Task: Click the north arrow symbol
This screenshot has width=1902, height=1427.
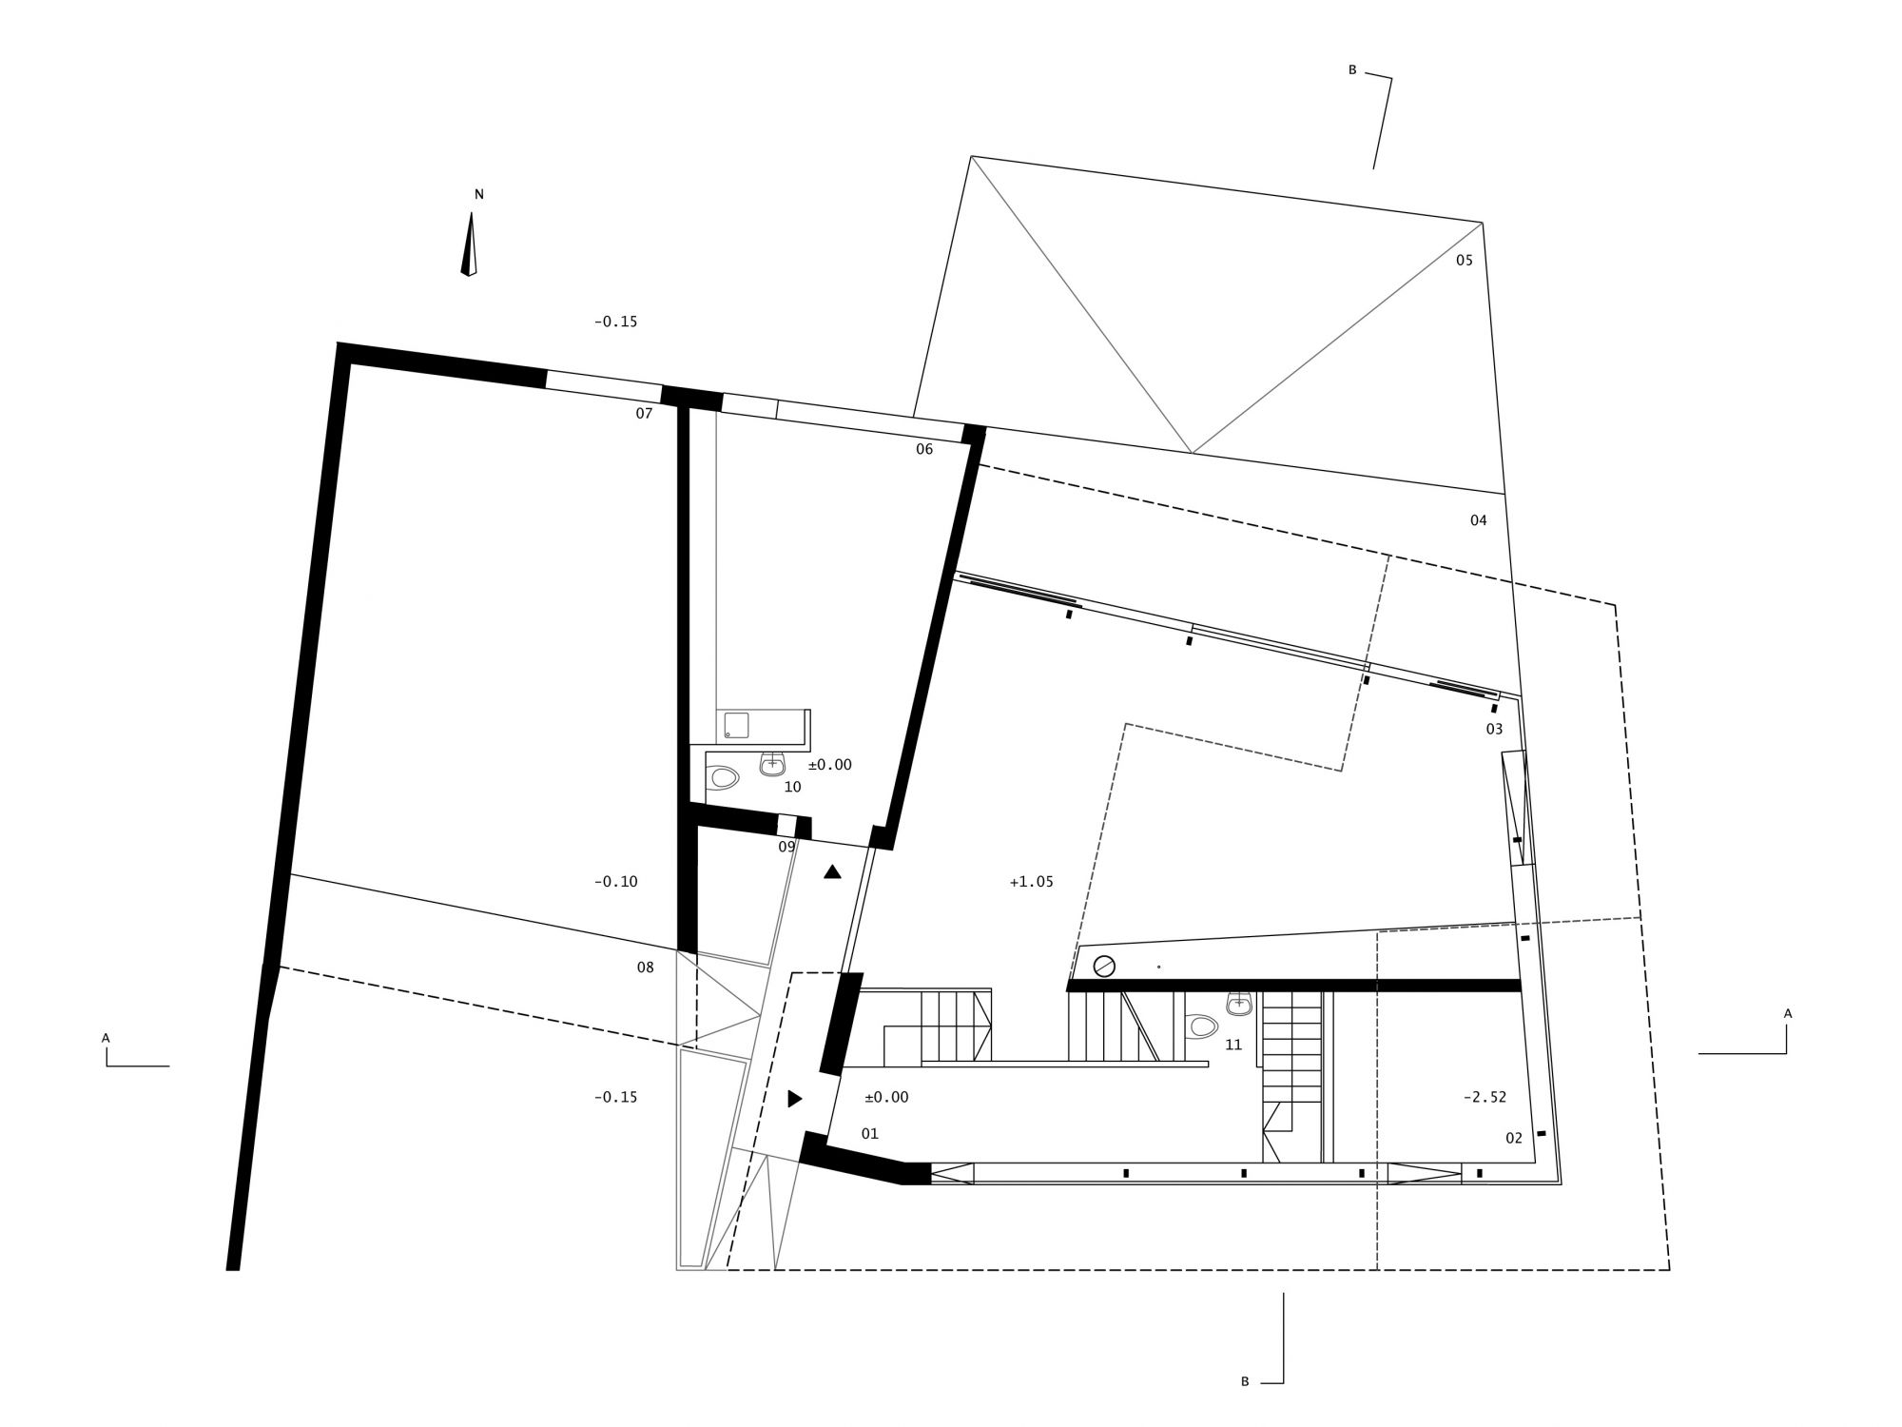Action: [x=469, y=244]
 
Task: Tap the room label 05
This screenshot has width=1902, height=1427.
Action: [x=1464, y=260]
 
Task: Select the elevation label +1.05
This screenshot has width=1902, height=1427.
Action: [x=1031, y=882]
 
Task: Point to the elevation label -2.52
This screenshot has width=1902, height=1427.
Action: [x=1485, y=1097]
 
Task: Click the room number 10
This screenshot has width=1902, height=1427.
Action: [x=792, y=787]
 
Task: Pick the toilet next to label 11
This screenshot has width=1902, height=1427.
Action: [x=1202, y=1026]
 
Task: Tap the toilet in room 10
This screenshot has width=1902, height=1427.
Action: [x=724, y=778]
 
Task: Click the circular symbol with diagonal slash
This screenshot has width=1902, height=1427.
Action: [x=1104, y=966]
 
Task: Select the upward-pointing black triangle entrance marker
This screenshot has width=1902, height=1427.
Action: [x=832, y=871]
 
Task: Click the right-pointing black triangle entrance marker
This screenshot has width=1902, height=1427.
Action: [x=795, y=1099]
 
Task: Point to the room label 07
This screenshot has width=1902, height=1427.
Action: [x=644, y=414]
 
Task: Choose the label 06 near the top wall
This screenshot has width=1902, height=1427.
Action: [x=924, y=449]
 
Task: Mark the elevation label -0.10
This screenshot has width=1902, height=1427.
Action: [x=615, y=882]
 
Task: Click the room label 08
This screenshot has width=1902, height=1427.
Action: [x=646, y=968]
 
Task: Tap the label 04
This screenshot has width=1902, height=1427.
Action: [x=1478, y=520]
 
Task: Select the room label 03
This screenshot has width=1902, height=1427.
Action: [x=1494, y=730]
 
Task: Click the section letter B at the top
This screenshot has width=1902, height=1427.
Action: [x=1352, y=70]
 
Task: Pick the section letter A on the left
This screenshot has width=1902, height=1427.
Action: [x=106, y=1038]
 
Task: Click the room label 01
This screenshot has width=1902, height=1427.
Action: [x=869, y=1134]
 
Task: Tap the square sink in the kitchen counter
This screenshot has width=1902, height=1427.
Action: [x=737, y=725]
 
